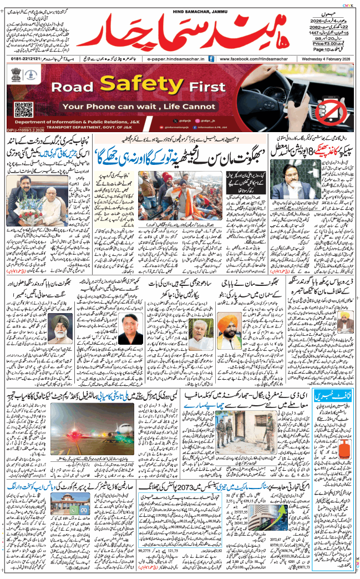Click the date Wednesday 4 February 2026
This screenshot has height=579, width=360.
click(324, 58)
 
